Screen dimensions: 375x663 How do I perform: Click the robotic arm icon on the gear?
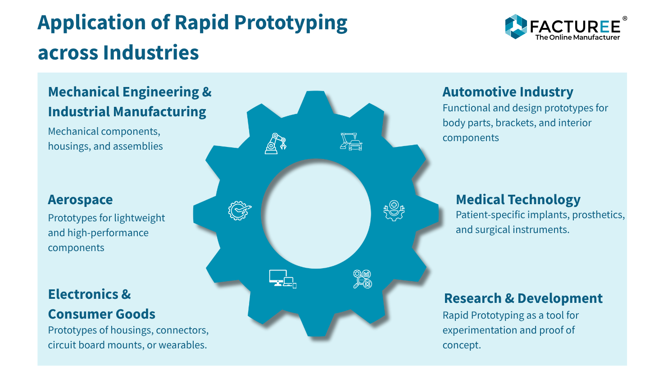(x=275, y=143)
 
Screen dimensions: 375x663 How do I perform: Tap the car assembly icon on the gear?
(x=351, y=142)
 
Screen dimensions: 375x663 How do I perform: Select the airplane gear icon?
(x=239, y=210)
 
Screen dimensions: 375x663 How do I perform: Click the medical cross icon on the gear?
(x=394, y=210)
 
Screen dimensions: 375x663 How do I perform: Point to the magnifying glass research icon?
(x=362, y=279)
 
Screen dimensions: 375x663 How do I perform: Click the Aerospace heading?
(x=80, y=200)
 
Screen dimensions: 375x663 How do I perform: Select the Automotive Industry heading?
(x=508, y=92)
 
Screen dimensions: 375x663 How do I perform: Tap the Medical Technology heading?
(x=518, y=200)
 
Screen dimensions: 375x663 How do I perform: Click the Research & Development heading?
(x=523, y=298)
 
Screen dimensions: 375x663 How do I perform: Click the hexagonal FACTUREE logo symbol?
(x=516, y=27)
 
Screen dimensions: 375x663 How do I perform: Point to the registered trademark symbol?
(x=624, y=19)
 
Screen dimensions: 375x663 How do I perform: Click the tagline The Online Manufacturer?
(x=577, y=37)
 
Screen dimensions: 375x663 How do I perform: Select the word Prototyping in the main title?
(x=291, y=23)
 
